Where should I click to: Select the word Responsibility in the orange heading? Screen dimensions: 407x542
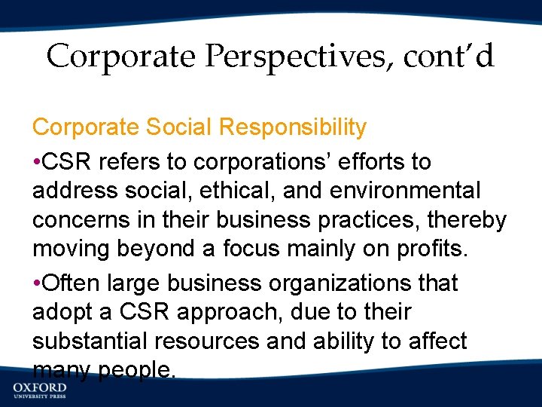tap(292, 127)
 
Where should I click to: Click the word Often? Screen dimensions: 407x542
tap(72, 283)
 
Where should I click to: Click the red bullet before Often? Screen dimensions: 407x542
tap(37, 283)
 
